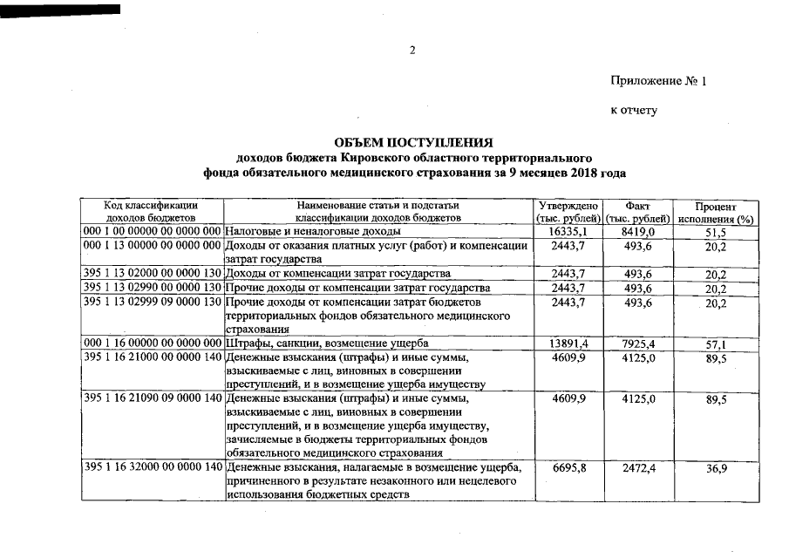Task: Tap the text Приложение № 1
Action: (658, 81)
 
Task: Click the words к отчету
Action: (634, 111)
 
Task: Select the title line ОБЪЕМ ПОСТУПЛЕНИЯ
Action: (414, 142)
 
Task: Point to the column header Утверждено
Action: (568, 205)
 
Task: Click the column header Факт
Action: (638, 205)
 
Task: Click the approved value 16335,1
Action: (568, 232)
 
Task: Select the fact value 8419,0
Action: (638, 232)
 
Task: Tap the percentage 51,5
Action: (716, 233)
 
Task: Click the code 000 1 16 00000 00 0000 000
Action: (153, 344)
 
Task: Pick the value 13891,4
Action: (568, 344)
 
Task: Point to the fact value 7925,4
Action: (638, 344)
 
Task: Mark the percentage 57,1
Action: (716, 344)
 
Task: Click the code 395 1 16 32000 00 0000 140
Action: (153, 468)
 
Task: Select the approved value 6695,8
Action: (568, 468)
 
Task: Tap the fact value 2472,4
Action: (638, 468)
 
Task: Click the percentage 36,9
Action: (716, 469)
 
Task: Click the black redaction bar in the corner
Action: (61, 9)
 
